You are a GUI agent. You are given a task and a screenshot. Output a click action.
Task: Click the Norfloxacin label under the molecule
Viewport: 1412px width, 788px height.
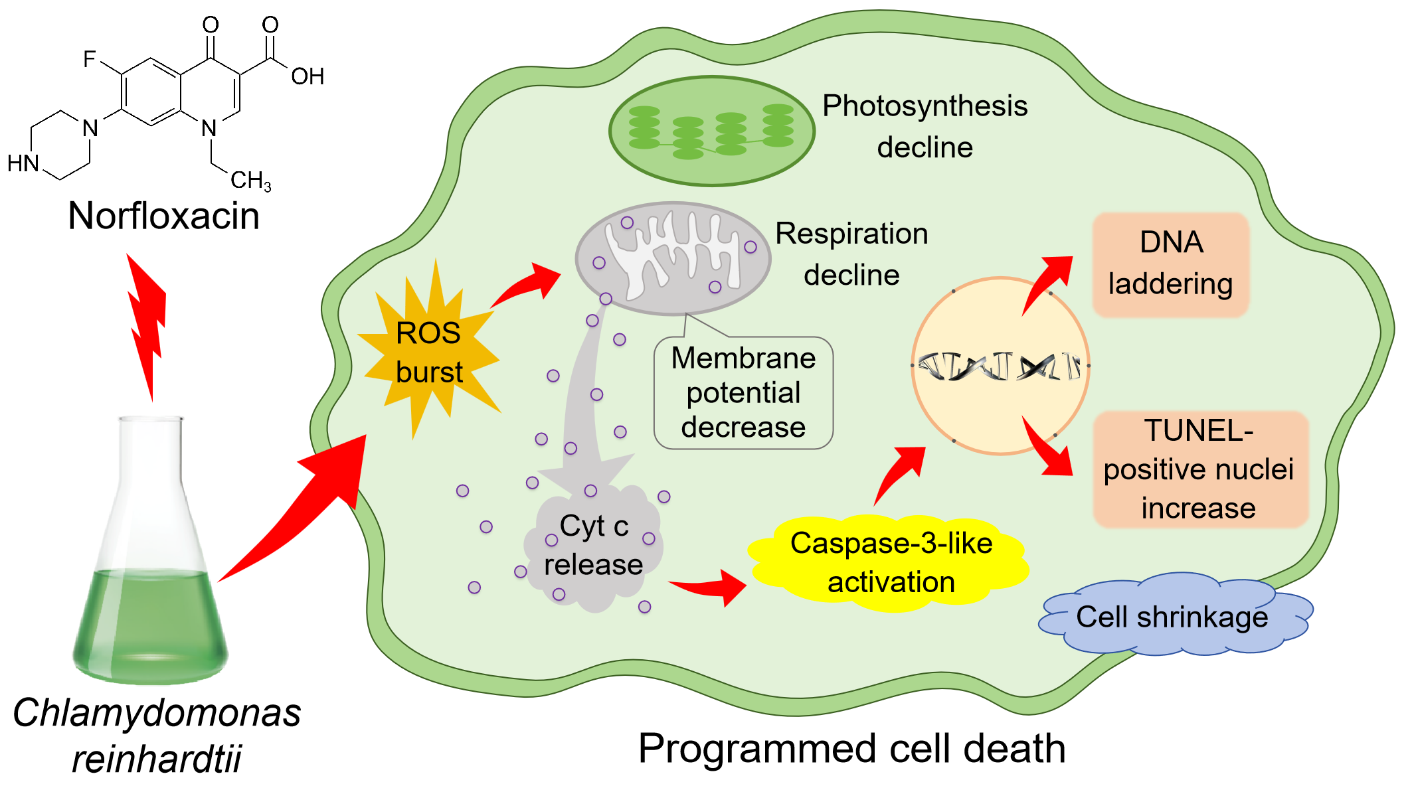pyautogui.click(x=163, y=216)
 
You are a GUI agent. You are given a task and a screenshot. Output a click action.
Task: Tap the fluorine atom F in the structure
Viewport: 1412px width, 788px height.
pyautogui.click(x=90, y=59)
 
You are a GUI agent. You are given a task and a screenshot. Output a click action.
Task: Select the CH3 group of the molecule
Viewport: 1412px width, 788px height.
pyautogui.click(x=251, y=180)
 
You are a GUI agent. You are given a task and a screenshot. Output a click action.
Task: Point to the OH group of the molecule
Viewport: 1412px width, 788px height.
pyautogui.click(x=308, y=76)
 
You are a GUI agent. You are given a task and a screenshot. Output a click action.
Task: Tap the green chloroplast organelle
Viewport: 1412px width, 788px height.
pyautogui.click(x=712, y=131)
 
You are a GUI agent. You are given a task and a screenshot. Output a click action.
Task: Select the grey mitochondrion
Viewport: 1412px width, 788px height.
pyautogui.click(x=673, y=258)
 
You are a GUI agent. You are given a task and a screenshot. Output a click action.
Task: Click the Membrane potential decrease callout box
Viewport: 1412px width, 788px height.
pyautogui.click(x=743, y=392)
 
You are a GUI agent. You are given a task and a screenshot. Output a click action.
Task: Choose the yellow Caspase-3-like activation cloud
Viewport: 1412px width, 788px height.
pyautogui.click(x=890, y=563)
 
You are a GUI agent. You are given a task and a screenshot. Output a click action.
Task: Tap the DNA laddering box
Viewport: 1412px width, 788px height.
pyautogui.click(x=1171, y=264)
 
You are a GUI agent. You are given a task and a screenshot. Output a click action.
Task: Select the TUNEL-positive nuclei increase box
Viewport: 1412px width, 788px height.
pyautogui.click(x=1200, y=469)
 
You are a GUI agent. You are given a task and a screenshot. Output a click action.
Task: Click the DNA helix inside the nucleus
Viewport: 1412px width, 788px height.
pyautogui.click(x=1000, y=366)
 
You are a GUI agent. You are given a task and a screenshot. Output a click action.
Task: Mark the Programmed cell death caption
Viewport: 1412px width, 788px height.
pyautogui.click(x=852, y=748)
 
